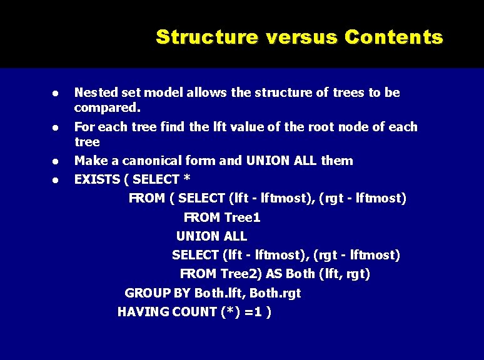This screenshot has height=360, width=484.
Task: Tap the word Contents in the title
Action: tap(394, 37)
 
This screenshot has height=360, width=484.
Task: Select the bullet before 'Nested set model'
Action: tap(55, 93)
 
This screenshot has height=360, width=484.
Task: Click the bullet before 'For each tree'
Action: tap(55, 127)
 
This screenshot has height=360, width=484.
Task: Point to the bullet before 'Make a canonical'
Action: tap(55, 162)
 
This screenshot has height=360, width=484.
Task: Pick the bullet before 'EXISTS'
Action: tap(55, 180)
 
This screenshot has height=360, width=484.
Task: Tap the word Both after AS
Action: tap(300, 274)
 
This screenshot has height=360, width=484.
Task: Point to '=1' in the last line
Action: tap(254, 312)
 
